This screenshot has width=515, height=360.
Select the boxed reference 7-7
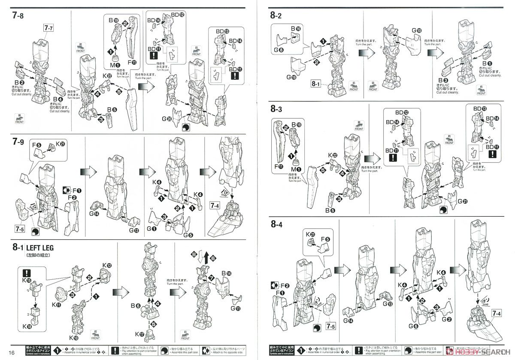pos(48,28)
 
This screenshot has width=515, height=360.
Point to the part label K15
pos(26,280)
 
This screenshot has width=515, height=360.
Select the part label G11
pos(236,308)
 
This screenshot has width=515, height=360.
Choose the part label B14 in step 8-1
pos(226,273)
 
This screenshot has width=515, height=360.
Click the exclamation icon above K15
pos(27,272)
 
